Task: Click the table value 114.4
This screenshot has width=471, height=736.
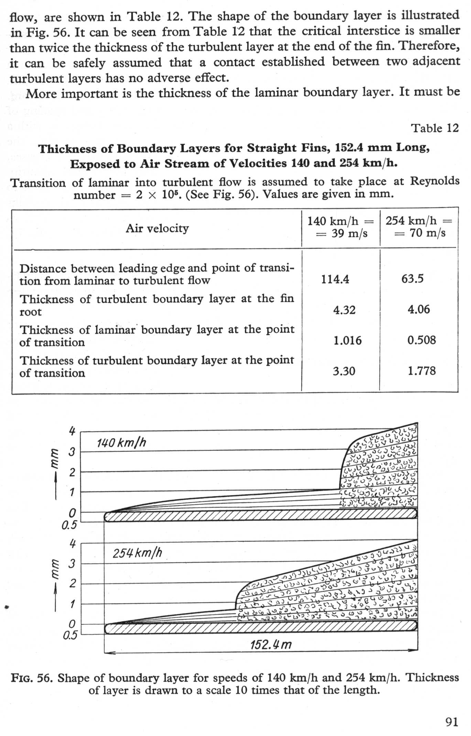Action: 335,279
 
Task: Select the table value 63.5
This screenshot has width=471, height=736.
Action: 413,278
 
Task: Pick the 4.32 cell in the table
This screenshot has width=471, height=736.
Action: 344,310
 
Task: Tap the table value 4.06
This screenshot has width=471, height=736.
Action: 418,309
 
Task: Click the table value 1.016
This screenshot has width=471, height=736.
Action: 347,340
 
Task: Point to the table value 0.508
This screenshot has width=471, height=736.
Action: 421,340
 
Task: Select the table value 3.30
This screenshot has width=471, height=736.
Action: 344,371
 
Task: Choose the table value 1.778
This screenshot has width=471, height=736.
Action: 421,371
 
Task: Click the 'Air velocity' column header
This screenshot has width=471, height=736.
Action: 157,228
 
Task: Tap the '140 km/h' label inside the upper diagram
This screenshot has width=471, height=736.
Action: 121,443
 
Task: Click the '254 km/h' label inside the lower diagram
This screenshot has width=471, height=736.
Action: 137,553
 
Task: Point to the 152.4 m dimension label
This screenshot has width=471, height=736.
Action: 271,644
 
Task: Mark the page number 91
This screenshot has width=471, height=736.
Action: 452,721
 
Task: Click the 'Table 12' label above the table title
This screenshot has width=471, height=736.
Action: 435,128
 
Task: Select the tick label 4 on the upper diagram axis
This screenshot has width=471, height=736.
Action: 72,431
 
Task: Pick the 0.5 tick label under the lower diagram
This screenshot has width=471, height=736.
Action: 70,635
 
